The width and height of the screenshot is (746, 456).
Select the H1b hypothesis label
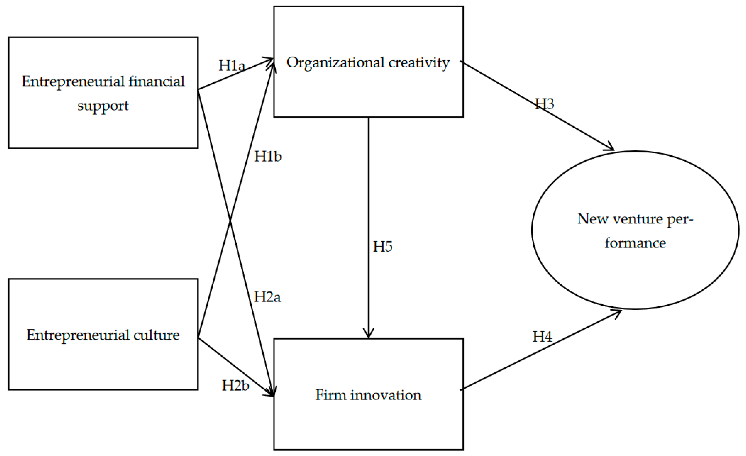(x=268, y=157)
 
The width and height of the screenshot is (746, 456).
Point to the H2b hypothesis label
(x=236, y=385)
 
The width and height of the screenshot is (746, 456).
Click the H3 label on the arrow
(x=544, y=104)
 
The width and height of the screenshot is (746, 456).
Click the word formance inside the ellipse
(x=635, y=243)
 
